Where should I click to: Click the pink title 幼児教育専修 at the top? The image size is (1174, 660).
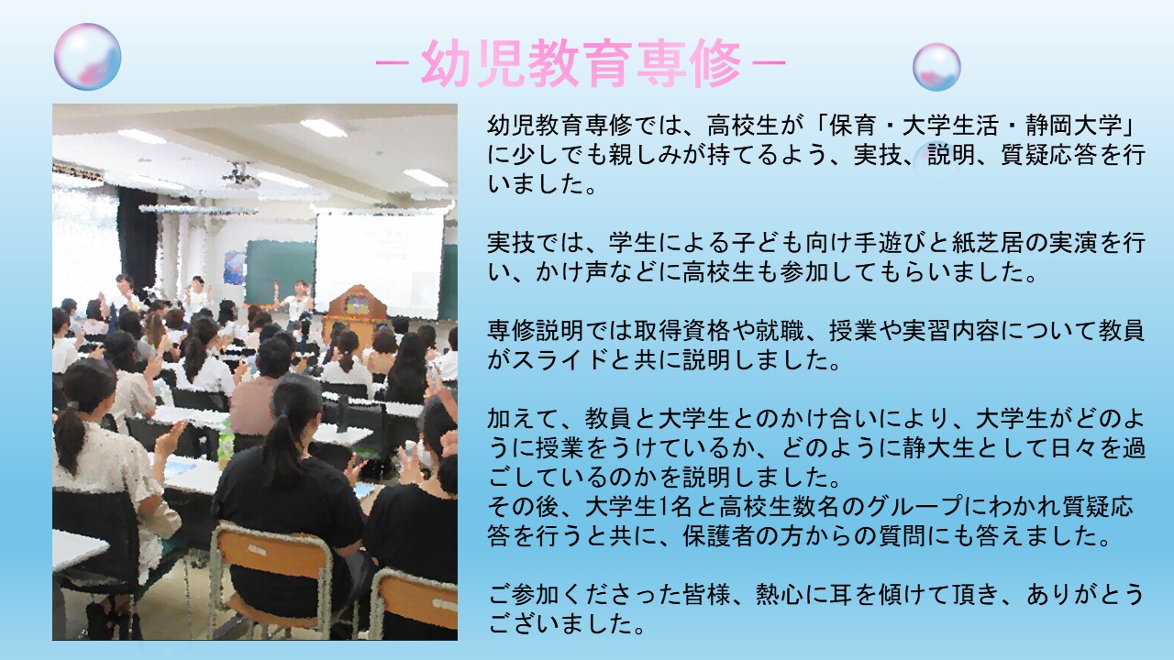click(581, 63)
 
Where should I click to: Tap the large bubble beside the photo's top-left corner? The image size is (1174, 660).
click(87, 57)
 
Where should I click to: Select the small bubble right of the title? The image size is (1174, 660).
click(936, 67)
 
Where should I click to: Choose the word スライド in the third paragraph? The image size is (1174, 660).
click(559, 360)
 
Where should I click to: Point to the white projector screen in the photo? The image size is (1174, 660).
click(378, 266)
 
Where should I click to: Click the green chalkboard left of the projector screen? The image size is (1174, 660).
click(280, 272)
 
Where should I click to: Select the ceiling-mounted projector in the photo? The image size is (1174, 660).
click(241, 176)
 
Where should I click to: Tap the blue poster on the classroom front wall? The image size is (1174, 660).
click(234, 267)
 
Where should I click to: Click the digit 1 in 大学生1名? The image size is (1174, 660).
click(662, 507)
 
